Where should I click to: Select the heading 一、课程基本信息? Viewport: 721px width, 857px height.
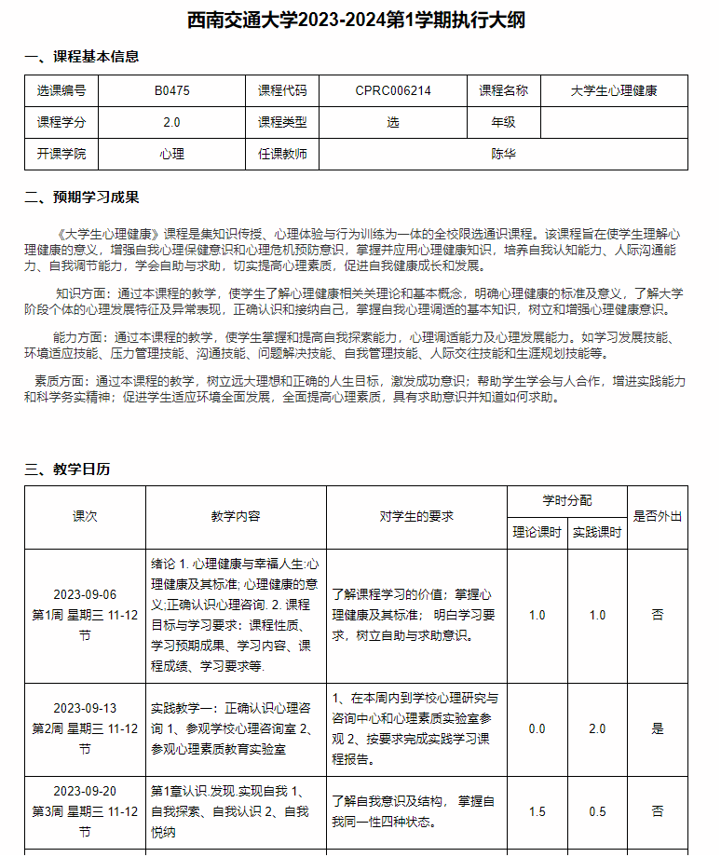click(82, 57)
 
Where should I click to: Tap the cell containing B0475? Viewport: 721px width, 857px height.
click(171, 91)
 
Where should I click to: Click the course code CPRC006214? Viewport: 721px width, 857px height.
click(393, 91)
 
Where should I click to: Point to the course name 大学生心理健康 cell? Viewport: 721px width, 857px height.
click(614, 91)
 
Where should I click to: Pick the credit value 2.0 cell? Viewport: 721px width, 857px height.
click(171, 122)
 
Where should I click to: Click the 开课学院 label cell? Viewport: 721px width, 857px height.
click(61, 154)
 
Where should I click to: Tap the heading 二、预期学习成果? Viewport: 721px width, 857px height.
click(82, 197)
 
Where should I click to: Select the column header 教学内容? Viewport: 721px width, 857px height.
click(236, 516)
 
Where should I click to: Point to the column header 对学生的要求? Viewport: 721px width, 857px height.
click(416, 516)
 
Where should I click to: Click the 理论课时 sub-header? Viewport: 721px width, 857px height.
click(537, 533)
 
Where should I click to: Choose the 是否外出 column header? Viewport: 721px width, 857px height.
click(658, 516)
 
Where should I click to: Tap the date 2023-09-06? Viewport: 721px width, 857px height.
click(85, 595)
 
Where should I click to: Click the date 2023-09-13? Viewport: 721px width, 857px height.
click(85, 708)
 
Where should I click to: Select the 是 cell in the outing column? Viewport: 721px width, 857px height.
click(658, 728)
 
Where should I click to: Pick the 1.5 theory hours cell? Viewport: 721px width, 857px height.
click(537, 812)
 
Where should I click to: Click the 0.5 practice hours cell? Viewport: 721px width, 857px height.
click(597, 812)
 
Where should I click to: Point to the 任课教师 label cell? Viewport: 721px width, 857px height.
click(282, 154)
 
